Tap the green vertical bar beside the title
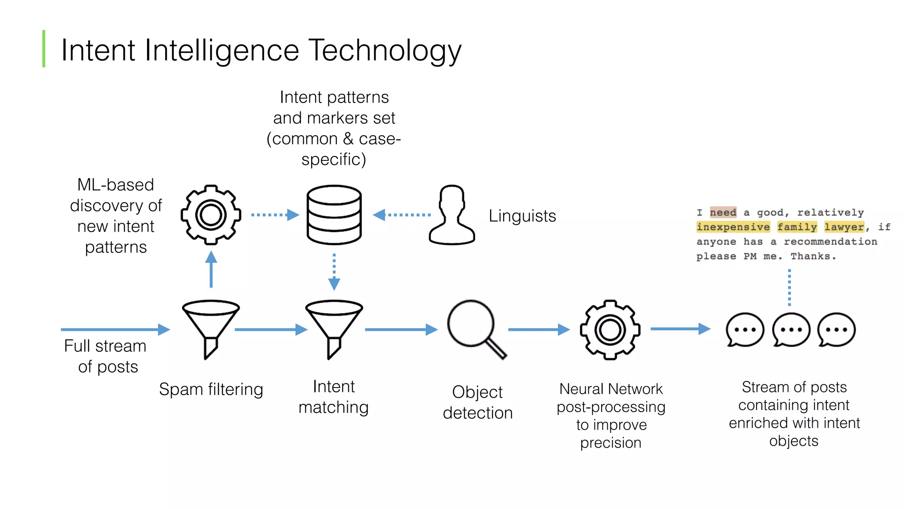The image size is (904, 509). click(44, 49)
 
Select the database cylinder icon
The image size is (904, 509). click(334, 215)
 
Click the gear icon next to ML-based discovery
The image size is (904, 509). click(211, 215)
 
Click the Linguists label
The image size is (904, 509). click(522, 216)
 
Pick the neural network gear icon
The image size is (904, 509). click(610, 330)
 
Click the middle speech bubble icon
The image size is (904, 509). click(791, 330)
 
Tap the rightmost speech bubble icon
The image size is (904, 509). click(836, 330)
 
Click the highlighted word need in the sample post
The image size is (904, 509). click(723, 213)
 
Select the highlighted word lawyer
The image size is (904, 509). click(844, 227)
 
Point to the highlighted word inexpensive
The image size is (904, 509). click(733, 227)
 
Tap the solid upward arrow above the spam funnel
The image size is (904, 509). click(211, 270)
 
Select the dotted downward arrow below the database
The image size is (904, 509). click(334, 271)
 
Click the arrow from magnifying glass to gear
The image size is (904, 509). click(539, 330)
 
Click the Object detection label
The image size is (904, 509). click(478, 402)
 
